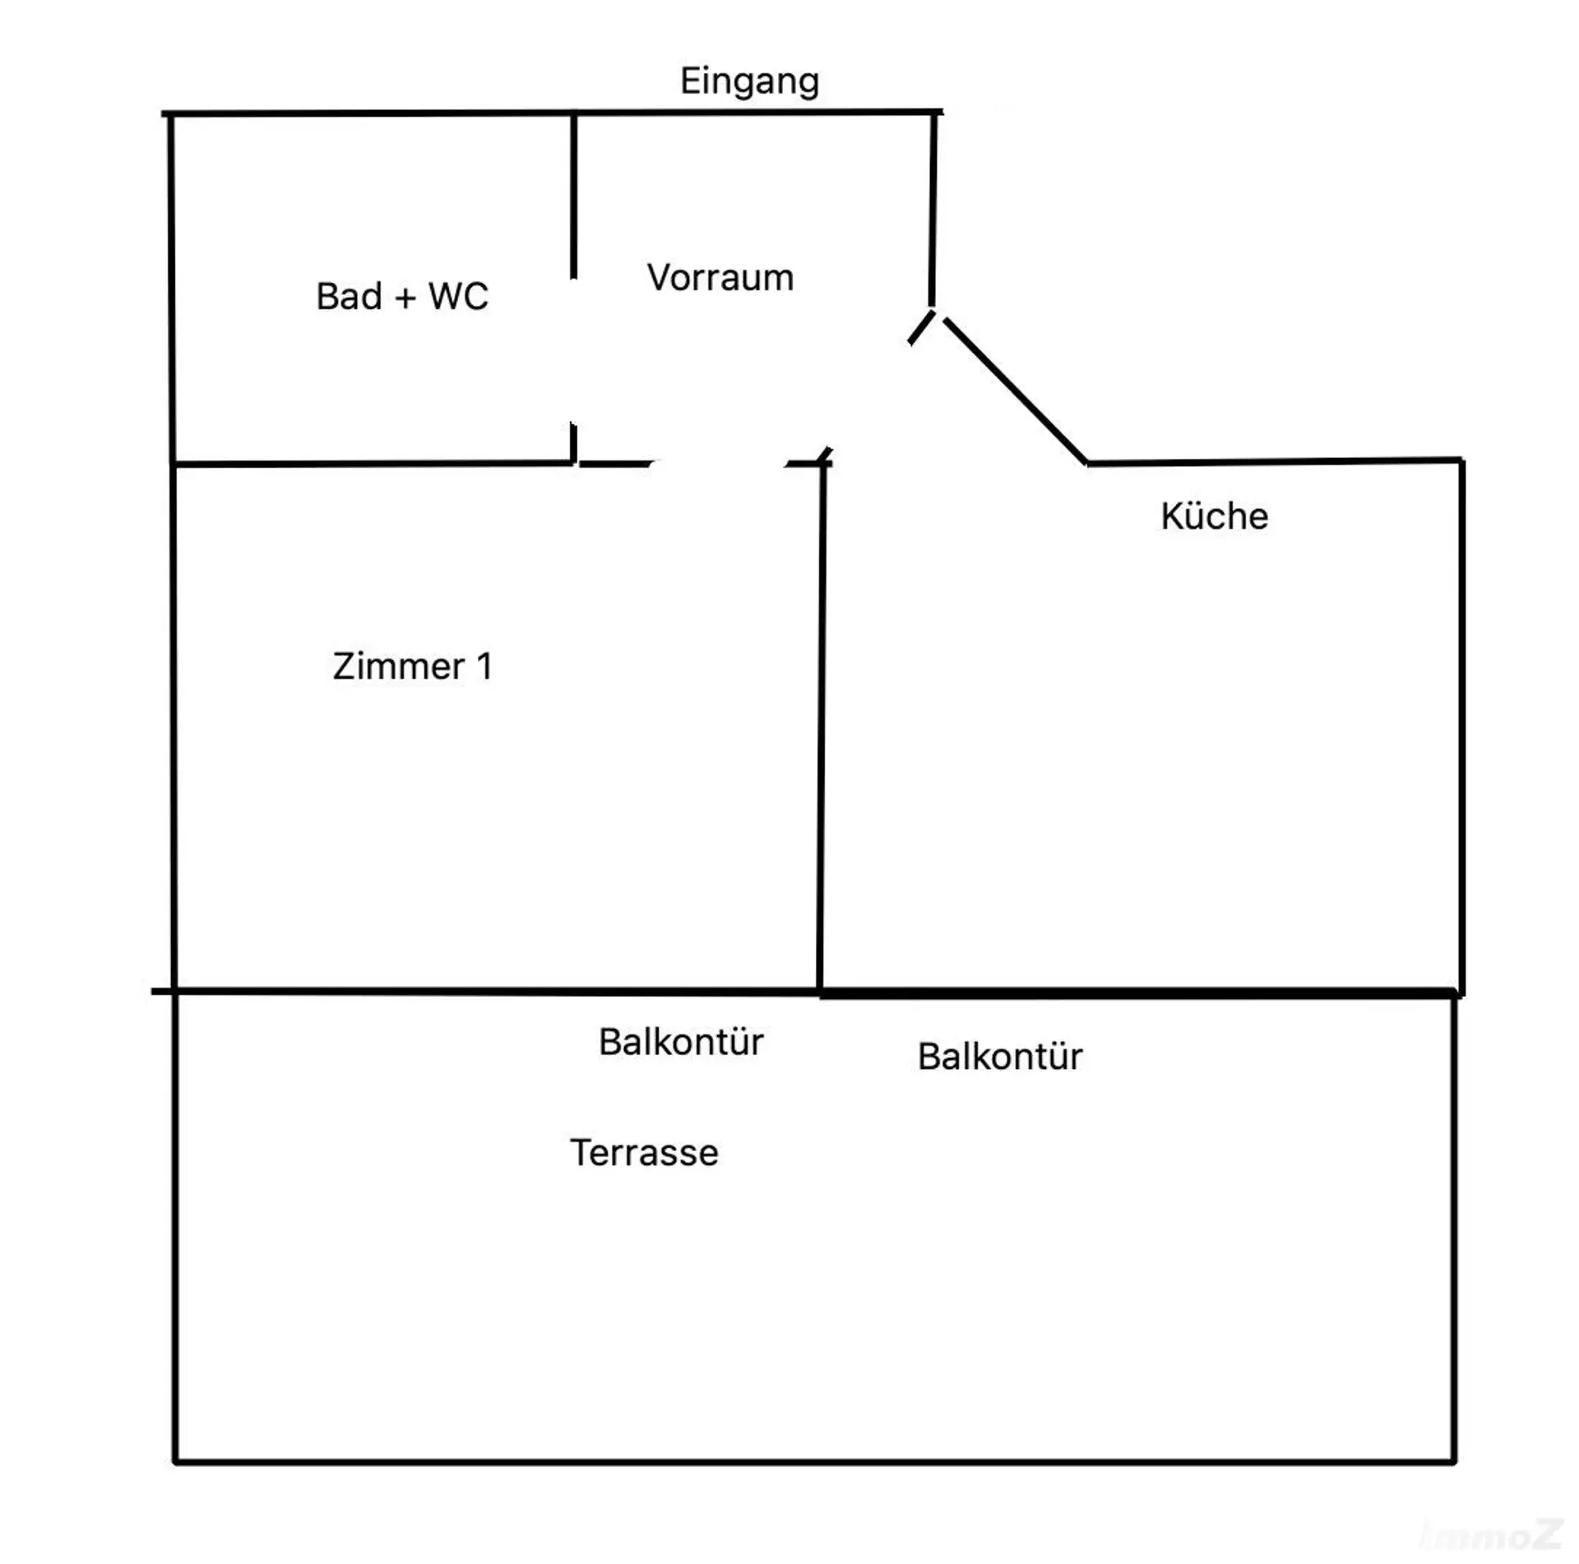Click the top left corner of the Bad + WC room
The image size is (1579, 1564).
pos(170,114)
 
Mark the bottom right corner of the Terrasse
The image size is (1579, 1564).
pos(1454,1462)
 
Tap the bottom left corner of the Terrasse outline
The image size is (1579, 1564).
pos(175,1462)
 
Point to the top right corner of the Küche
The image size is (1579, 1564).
pos(1461,460)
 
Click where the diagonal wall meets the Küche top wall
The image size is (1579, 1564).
pos(1087,463)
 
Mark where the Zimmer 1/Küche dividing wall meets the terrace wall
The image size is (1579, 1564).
pos(820,993)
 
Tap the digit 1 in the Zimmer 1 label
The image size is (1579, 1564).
pos(484,666)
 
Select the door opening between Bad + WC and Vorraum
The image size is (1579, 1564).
pos(573,350)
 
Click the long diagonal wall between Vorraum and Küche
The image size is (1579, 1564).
pos(1016,391)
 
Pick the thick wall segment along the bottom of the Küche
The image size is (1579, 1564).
pos(1138,994)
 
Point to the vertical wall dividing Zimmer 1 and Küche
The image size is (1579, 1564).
pos(822,727)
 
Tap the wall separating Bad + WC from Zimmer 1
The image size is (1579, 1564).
pos(372,464)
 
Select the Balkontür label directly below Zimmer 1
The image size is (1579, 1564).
pos(681,1042)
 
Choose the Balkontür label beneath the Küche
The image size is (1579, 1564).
pos(1000,1057)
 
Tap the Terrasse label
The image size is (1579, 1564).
pos(644,1153)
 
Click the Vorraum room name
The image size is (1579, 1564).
pos(720,278)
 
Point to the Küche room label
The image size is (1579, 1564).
pos(1215,516)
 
